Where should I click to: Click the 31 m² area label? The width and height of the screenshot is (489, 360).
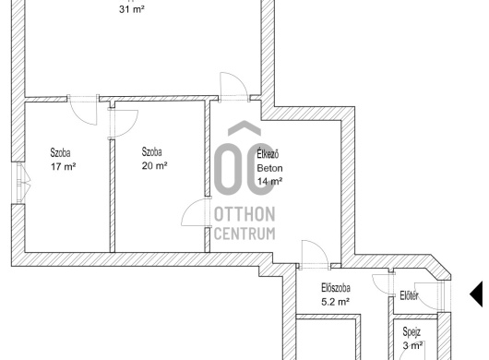[132, 9]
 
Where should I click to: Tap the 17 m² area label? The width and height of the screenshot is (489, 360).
[64, 166]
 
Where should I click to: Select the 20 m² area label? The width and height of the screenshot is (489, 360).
[154, 165]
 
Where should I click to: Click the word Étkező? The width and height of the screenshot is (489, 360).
[268, 154]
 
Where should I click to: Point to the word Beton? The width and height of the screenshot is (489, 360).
[269, 168]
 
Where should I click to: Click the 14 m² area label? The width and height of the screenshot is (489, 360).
[269, 181]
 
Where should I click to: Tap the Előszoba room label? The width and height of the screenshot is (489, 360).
[336, 288]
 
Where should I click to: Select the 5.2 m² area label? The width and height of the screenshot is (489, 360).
[335, 302]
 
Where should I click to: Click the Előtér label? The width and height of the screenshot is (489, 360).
[409, 295]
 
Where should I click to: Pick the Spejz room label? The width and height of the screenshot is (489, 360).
[411, 332]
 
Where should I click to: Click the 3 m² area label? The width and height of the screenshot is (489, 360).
[412, 345]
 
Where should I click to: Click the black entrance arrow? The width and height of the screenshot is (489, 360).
[476, 294]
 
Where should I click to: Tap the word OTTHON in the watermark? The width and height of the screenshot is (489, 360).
[244, 214]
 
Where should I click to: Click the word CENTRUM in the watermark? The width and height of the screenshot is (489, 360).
[244, 234]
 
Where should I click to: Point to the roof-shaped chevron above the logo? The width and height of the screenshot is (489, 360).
[244, 127]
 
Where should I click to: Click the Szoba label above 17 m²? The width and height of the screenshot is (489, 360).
[60, 153]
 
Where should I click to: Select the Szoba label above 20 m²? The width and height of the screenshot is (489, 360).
[151, 152]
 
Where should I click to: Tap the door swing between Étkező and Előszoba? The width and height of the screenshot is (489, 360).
[315, 254]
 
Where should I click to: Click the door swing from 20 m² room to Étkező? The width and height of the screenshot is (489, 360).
[196, 212]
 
